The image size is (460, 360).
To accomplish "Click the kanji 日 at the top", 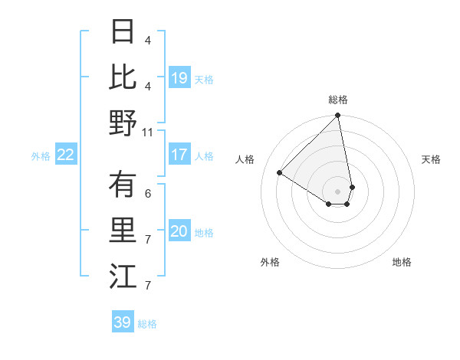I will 123,31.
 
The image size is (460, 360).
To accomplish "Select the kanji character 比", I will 123,77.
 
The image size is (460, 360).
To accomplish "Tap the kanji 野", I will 123,123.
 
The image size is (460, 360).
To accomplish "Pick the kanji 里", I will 123,231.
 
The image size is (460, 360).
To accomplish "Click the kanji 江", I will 123,277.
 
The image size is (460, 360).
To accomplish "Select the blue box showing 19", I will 179,77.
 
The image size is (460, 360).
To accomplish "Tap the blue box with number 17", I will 179,155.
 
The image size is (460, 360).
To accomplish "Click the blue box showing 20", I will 179,232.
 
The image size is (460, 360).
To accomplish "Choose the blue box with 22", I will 65,155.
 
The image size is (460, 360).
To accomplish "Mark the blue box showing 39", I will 122,322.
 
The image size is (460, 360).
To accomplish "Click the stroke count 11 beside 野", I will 148,132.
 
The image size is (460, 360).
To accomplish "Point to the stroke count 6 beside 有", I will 148,193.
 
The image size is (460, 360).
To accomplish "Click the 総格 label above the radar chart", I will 338,100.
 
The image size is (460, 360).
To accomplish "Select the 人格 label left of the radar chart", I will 245,159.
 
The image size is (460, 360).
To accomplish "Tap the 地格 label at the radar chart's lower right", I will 402,262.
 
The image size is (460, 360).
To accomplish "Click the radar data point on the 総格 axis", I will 337,116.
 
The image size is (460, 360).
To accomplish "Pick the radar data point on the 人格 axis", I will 280,173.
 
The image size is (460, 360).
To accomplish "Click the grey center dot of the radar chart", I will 337,191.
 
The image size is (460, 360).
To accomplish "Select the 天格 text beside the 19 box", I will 204,79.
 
